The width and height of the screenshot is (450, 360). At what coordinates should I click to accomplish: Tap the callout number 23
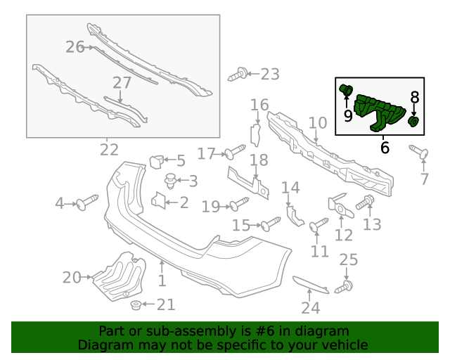pyautogui.click(x=270, y=74)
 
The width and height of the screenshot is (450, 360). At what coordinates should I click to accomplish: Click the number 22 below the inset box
pyautogui.click(x=109, y=150)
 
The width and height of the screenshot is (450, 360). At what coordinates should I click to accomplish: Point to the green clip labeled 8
pyautogui.click(x=414, y=122)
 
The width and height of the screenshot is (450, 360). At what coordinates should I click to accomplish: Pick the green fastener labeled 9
pyautogui.click(x=346, y=89)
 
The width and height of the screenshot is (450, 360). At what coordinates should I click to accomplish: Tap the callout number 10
pyautogui.click(x=318, y=123)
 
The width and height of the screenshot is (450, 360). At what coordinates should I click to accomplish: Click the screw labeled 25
pyautogui.click(x=345, y=286)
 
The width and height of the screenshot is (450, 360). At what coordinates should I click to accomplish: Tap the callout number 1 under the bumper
pyautogui.click(x=161, y=281)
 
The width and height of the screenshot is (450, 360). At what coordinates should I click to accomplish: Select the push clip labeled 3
pyautogui.click(x=169, y=181)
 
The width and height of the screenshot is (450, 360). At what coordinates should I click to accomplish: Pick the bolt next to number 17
pyautogui.click(x=234, y=152)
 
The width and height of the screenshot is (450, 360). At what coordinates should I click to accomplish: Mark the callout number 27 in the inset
pyautogui.click(x=122, y=83)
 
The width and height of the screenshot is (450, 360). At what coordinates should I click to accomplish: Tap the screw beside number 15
pyautogui.click(x=271, y=224)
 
